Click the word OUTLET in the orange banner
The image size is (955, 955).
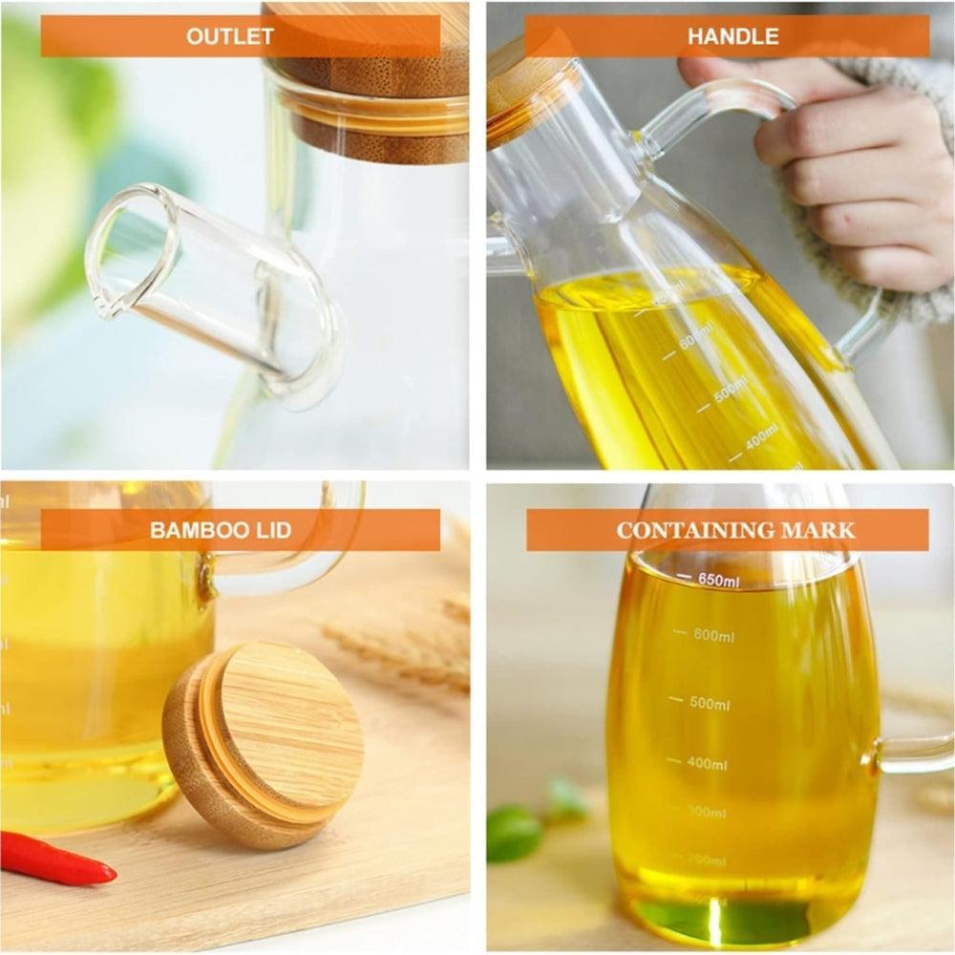tap(229, 37)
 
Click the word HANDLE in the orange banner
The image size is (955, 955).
tap(733, 37)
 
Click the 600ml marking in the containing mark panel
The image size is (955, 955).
tap(711, 634)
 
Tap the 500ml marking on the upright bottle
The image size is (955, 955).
tap(709, 704)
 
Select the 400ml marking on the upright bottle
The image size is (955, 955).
tap(707, 764)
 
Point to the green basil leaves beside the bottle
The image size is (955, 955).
tap(516, 831)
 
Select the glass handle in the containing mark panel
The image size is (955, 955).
tap(917, 754)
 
